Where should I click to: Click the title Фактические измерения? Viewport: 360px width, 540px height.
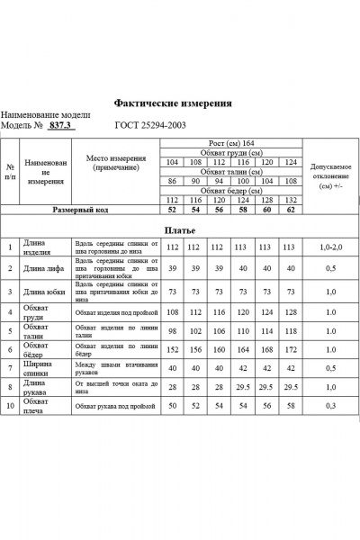coord(172,103)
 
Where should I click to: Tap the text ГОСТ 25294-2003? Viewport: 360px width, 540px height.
coord(151,126)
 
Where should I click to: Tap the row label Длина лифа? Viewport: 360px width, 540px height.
coord(44,267)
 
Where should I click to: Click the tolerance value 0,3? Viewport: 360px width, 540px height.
coord(330,406)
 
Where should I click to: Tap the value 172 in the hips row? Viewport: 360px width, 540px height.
coord(290,348)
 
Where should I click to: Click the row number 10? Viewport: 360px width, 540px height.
coord(9,406)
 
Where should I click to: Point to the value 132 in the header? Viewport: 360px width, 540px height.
coord(290,200)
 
